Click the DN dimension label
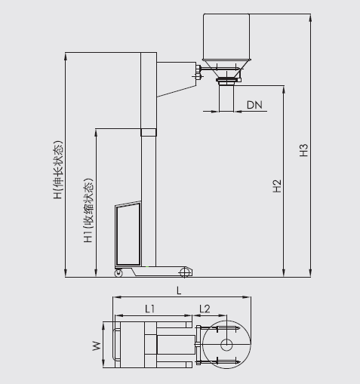[254, 105]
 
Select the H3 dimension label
[304, 150]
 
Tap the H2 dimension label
[277, 186]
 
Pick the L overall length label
[178, 290]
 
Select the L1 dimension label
[149, 308]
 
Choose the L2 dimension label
[204, 308]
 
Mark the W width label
[96, 346]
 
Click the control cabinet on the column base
[127, 232]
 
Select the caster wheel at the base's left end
[118, 272]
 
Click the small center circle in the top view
[226, 345]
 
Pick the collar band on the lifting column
[149, 132]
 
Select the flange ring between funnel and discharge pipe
[226, 80]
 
